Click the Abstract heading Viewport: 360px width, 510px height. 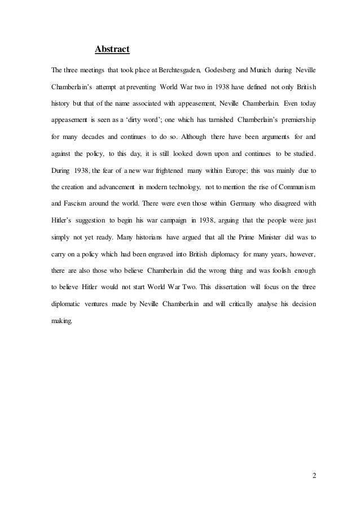(112, 50)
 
